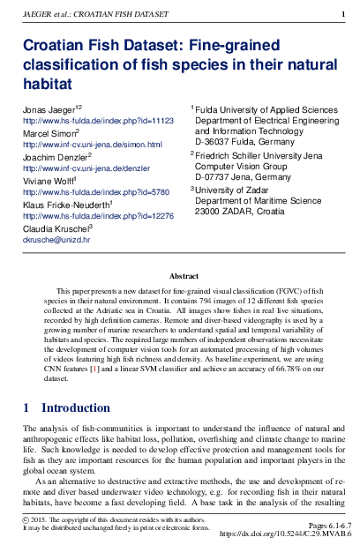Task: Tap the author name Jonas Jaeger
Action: pyautogui.click(x=49, y=107)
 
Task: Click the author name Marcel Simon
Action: pyautogui.click(x=49, y=131)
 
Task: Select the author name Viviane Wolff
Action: pyautogui.click(x=49, y=179)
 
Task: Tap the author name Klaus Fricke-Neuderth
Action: pyautogui.click(x=66, y=204)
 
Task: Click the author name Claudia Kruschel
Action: pyautogui.click(x=55, y=228)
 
